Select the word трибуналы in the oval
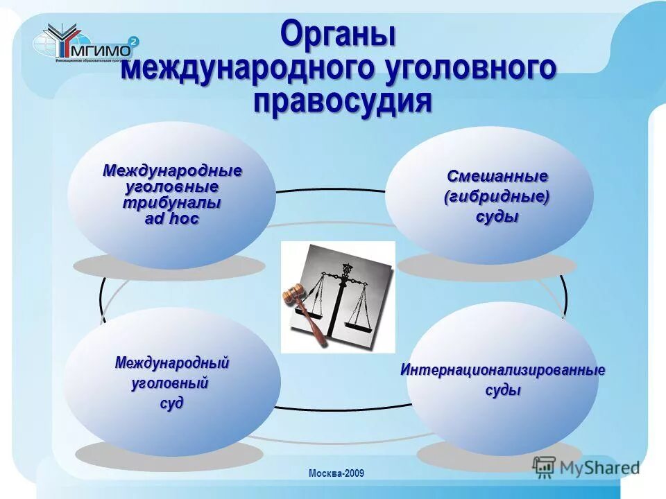[171, 203]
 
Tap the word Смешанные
[497, 176]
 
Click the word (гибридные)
[497, 196]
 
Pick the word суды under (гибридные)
[497, 217]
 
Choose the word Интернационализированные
[502, 370]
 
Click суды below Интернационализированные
[502, 391]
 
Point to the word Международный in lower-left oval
[172, 362]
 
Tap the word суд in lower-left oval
[172, 403]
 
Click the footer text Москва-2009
[336, 473]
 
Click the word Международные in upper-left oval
[172, 170]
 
